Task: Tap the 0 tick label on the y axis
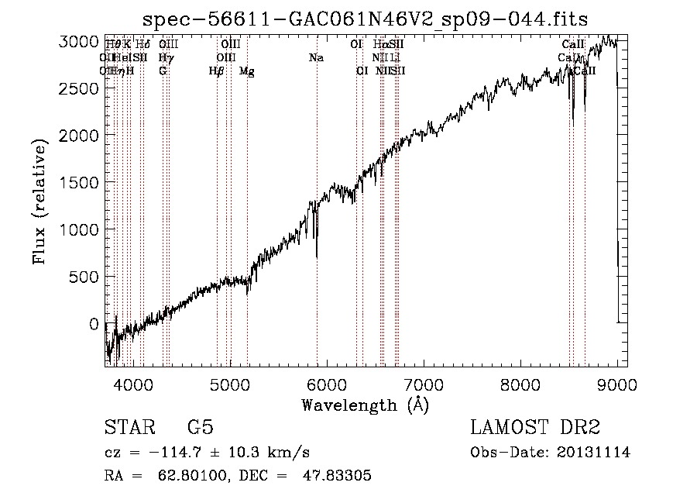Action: (x=93, y=324)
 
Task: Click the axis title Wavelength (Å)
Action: (x=365, y=405)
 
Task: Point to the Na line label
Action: (x=316, y=57)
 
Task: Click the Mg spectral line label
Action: (x=246, y=71)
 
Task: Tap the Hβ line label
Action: (x=217, y=71)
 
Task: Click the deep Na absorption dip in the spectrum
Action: (x=317, y=254)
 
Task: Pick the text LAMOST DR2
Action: (x=535, y=428)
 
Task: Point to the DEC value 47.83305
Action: (x=339, y=476)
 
